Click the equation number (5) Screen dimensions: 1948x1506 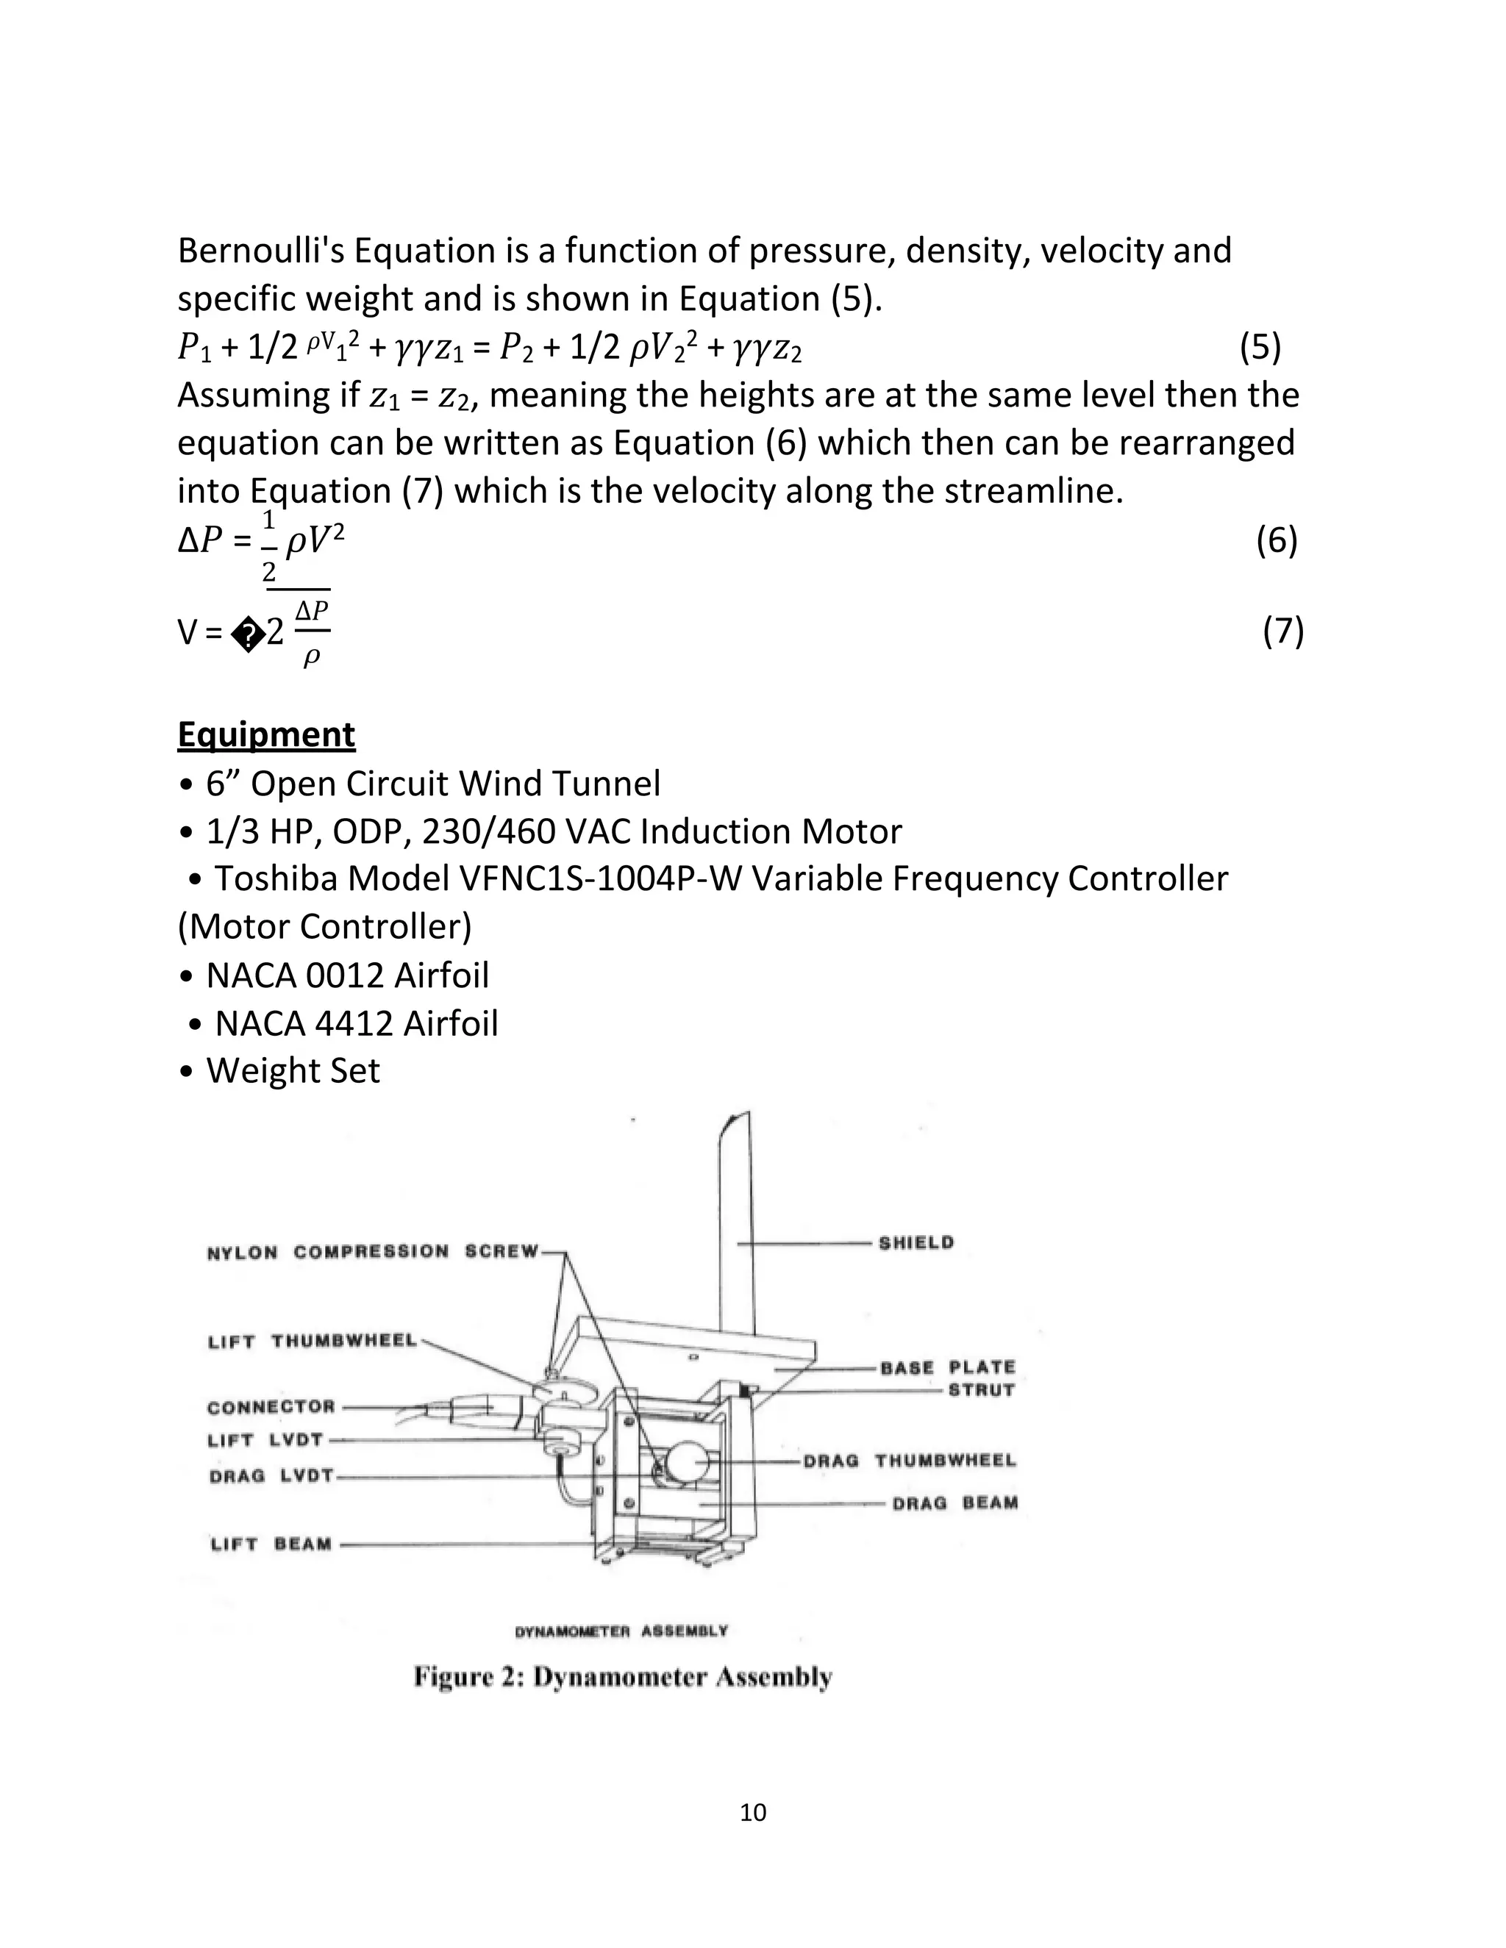coord(1260,347)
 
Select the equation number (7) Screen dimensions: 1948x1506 coord(1283,631)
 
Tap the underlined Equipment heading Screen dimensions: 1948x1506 coord(266,735)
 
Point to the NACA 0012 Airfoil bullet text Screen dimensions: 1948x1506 coord(347,975)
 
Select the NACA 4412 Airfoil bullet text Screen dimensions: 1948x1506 coord(356,1023)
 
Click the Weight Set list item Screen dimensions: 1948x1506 coord(293,1070)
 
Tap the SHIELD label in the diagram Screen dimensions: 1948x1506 coord(916,1242)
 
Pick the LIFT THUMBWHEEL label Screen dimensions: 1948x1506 coord(313,1342)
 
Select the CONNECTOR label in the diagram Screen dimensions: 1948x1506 coord(271,1406)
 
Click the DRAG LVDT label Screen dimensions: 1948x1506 coord(271,1476)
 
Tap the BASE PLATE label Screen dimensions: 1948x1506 coord(947,1367)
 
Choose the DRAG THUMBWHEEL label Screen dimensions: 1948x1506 coord(909,1460)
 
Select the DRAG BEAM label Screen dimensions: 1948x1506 coord(954,1503)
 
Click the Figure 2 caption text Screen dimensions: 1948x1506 coord(623,1677)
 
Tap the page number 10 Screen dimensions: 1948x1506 coord(753,1813)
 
